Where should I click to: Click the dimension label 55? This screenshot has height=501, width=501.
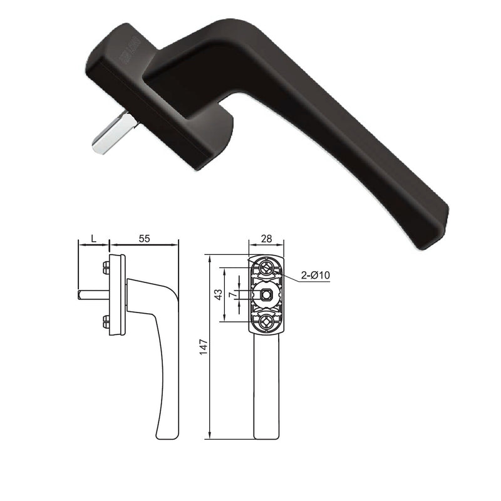coord(144,239)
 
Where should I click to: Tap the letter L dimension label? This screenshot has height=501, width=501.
coord(93,239)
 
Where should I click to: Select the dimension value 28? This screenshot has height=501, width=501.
coord(266,239)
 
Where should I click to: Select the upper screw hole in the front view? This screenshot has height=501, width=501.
coord(266,269)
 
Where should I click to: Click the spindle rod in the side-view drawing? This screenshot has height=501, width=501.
coord(88,295)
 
